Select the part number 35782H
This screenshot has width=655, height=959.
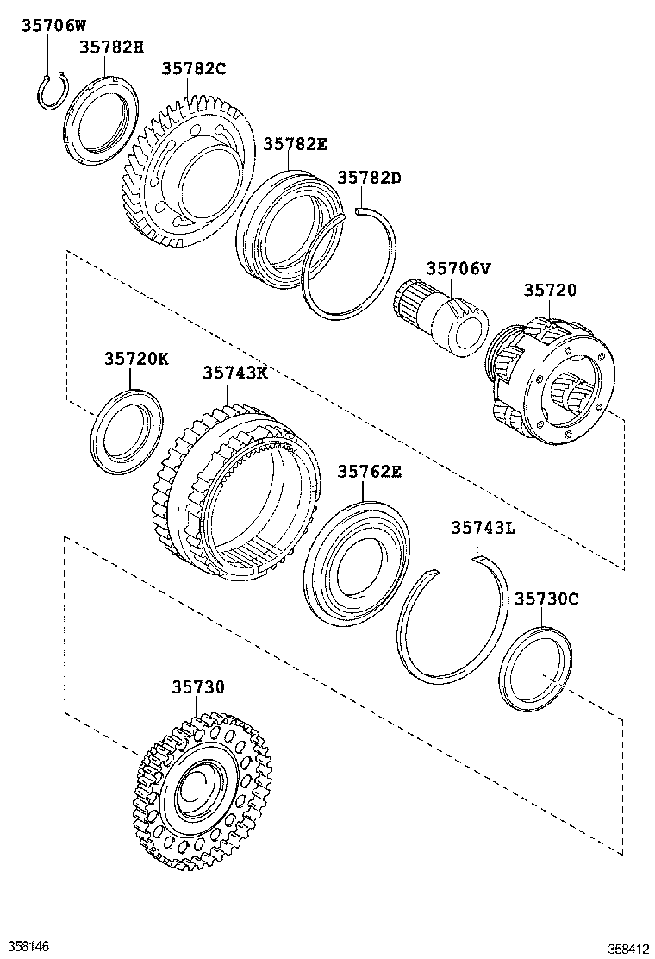pyautogui.click(x=111, y=47)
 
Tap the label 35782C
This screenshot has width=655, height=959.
pyautogui.click(x=194, y=69)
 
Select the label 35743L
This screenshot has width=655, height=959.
pyautogui.click(x=483, y=528)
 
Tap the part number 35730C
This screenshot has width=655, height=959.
pyautogui.click(x=546, y=598)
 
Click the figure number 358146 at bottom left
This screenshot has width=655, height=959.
pyautogui.click(x=27, y=946)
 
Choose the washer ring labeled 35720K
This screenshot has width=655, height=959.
pyautogui.click(x=126, y=431)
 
